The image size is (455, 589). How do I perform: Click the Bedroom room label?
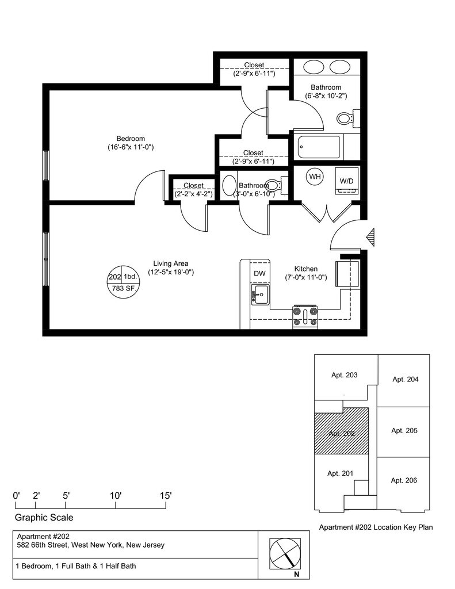coord(131,139)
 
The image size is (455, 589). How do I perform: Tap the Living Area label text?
coord(171,263)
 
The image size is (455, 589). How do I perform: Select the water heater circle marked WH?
coord(315,176)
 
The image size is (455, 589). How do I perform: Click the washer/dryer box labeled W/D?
coord(346,181)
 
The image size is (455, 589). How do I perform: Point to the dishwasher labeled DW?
coord(259,273)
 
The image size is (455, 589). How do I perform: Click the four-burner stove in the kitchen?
coord(305,316)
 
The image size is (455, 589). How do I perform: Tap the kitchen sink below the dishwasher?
coord(260,294)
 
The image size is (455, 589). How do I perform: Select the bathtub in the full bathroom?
coord(319,147)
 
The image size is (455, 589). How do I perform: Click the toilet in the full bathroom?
coord(348,118)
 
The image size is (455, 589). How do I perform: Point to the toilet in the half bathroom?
coord(277,185)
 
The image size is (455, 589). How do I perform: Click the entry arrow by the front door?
coord(370,237)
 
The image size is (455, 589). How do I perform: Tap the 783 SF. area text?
coord(124,289)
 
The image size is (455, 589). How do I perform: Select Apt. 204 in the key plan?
coord(406,380)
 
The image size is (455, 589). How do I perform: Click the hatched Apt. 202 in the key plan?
coord(341,431)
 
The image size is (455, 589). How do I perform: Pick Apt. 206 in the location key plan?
coord(404,480)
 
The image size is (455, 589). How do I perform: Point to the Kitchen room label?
coord(306,269)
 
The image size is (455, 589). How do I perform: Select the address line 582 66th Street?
coord(90,545)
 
